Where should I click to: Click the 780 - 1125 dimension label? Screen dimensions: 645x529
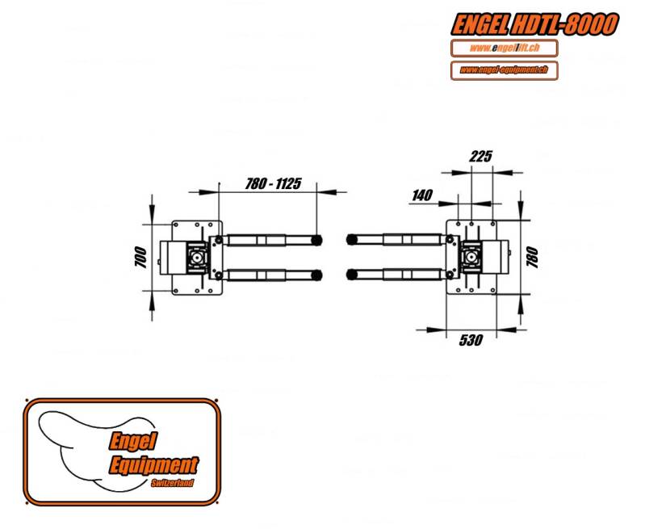click(x=273, y=183)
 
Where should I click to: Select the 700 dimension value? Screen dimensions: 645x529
click(x=140, y=258)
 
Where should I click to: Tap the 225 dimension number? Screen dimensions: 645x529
click(x=480, y=157)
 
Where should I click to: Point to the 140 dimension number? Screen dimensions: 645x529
click(x=422, y=195)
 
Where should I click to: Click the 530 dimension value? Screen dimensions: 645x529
click(x=471, y=340)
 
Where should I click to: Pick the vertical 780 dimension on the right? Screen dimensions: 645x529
click(x=532, y=258)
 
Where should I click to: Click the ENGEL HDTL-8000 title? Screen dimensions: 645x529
click(x=534, y=24)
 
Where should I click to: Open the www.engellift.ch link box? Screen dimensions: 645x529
click(x=505, y=48)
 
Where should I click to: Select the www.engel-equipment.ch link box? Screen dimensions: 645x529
click(x=505, y=70)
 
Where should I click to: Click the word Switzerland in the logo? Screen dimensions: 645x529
click(x=172, y=483)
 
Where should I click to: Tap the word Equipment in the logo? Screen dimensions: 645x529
click(x=154, y=466)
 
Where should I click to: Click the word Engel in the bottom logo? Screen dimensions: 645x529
click(x=133, y=441)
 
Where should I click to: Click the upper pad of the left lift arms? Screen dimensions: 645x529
click(x=316, y=240)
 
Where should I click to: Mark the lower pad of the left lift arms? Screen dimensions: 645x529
click(x=316, y=275)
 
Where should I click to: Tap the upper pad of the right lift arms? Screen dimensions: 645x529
click(x=352, y=239)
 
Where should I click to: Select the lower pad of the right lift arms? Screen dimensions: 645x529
click(x=352, y=274)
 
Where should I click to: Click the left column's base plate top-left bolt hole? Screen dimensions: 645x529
click(x=176, y=225)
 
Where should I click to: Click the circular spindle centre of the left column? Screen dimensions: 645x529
click(x=198, y=258)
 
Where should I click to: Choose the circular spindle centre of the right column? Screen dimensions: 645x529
click(x=470, y=258)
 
